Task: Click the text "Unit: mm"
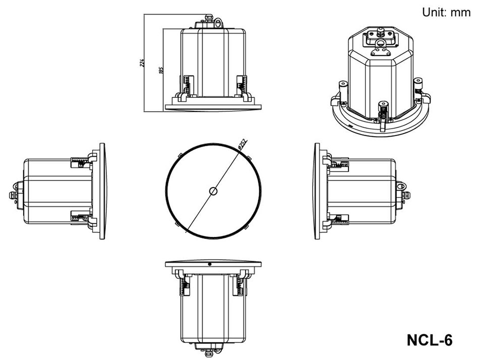tap(446, 12)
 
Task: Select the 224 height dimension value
tap(142, 63)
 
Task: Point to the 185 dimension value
tap(161, 70)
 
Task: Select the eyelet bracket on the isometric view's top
tap(379, 49)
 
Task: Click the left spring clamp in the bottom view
tap(183, 287)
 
